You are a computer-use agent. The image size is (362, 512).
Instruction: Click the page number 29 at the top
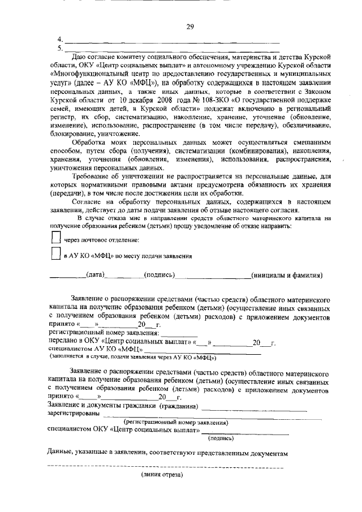point(190,27)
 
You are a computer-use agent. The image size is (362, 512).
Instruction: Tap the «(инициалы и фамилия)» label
point(287,276)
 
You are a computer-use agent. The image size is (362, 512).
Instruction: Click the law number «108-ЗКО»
point(193,101)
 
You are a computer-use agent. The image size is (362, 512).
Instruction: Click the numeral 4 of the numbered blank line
point(60,40)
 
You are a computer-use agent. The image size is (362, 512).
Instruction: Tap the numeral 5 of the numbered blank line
point(60,48)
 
